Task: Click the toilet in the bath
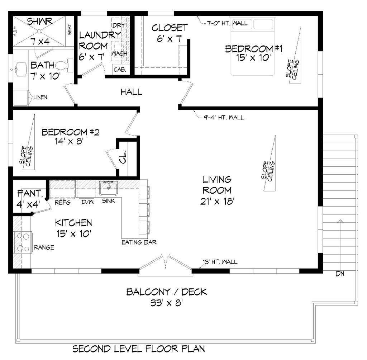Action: pyautogui.click(x=65, y=66)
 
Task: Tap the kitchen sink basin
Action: pyautogui.click(x=109, y=188)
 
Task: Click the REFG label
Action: pyautogui.click(x=62, y=202)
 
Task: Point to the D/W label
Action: pyautogui.click(x=87, y=202)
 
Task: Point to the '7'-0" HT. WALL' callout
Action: pyautogui.click(x=227, y=24)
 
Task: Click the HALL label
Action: pyautogui.click(x=131, y=92)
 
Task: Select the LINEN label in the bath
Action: pyautogui.click(x=40, y=97)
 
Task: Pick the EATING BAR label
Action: pyautogui.click(x=139, y=242)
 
